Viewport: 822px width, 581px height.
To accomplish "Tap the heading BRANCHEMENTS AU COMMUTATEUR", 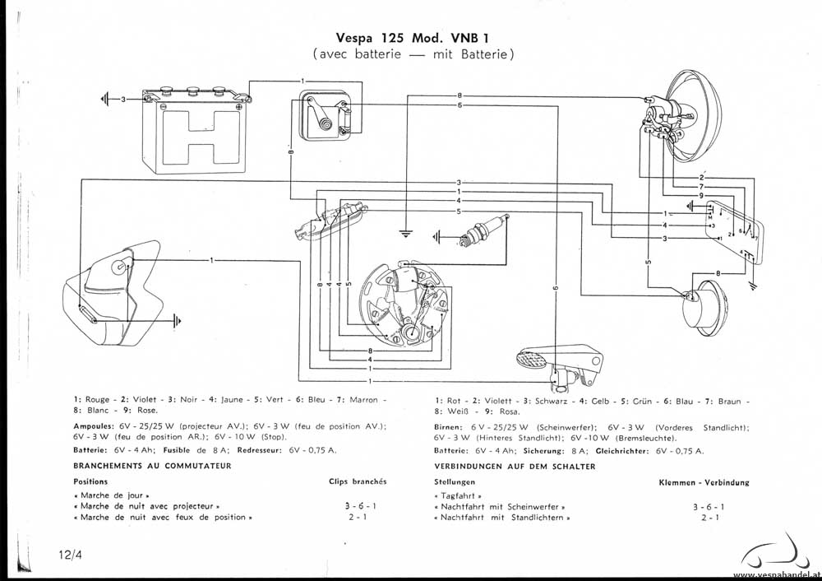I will tap(151, 466).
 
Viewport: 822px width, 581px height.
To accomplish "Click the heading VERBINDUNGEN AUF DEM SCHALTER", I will tap(514, 466).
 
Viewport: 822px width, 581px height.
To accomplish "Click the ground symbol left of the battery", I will tap(105, 99).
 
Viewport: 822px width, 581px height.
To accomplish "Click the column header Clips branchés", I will tap(358, 481).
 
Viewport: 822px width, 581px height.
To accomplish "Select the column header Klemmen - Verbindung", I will tap(704, 482).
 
